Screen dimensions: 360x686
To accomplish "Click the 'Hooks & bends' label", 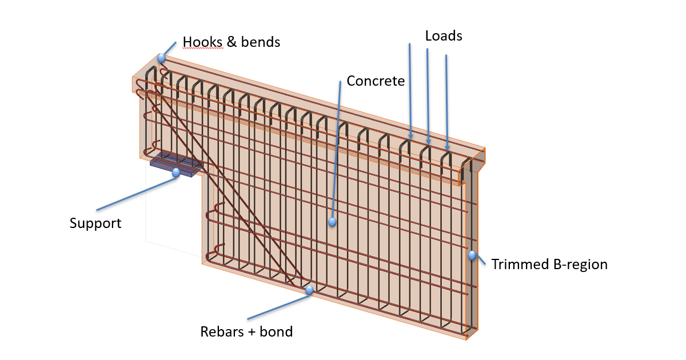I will (231, 42).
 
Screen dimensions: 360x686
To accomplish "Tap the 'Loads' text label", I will (444, 35).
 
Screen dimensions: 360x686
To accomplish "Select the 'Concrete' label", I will (376, 81).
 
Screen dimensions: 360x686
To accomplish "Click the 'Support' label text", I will (95, 223).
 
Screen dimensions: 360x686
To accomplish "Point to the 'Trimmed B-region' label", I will (549, 265).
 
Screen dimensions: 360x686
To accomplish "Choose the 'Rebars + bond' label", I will (246, 331).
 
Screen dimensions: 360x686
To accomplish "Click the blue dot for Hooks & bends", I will (161, 58).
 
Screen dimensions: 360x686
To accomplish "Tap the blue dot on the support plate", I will (176, 171).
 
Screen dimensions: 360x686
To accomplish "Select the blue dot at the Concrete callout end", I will (332, 222).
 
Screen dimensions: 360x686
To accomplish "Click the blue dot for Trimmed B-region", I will (472, 255).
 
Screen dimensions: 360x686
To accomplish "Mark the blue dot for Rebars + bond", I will (309, 290).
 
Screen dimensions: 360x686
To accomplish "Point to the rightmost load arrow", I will (446, 103).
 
